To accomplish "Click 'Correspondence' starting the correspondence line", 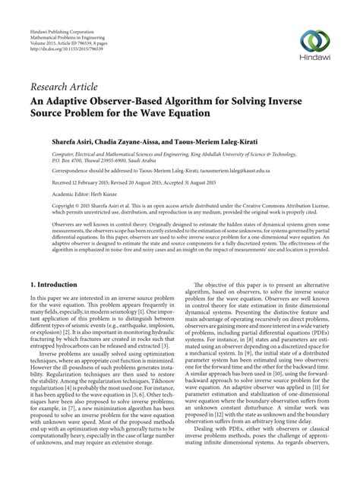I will point(52,172).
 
